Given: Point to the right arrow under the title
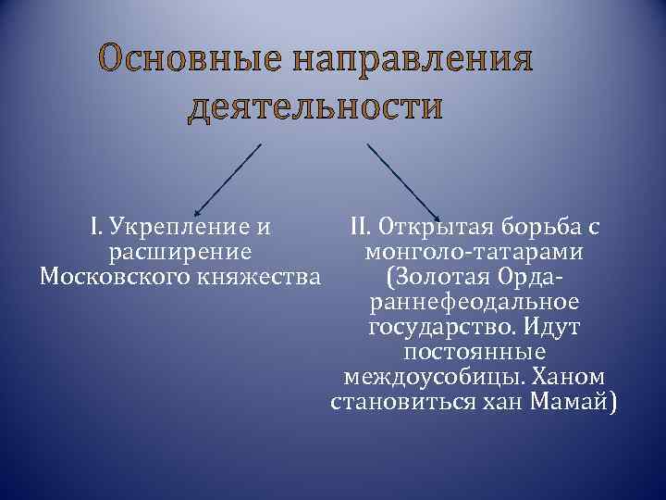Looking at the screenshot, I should [x=404, y=180].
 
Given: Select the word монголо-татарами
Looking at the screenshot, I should [x=474, y=252].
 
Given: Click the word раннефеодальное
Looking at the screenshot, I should [x=474, y=302].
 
